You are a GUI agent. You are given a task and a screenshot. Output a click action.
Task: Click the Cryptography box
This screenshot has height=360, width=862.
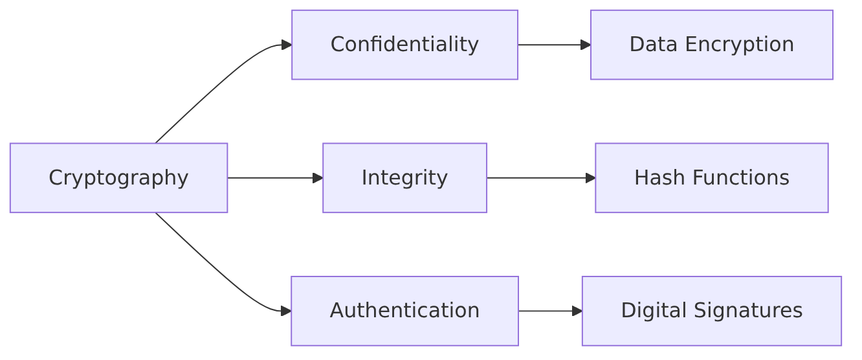pos(118,178)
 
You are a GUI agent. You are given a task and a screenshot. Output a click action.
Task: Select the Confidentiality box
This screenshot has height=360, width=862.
pos(405,45)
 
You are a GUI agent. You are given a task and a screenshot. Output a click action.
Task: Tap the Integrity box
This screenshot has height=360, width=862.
pos(405,178)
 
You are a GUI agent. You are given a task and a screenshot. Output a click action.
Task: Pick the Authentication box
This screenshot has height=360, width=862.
pos(405,311)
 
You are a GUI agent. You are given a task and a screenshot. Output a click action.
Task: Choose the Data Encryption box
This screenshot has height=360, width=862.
pos(712,45)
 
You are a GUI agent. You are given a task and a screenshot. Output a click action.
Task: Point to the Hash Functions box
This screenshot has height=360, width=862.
pos(712,178)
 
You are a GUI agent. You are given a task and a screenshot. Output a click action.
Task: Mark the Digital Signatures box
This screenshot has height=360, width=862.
pos(712,311)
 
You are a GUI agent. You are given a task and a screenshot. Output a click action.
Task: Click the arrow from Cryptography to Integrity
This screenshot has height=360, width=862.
pos(275,178)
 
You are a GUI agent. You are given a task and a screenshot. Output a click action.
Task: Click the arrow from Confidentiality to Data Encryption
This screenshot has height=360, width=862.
pos(555,45)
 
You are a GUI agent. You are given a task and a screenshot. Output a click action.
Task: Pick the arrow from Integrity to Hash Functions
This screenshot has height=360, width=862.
pos(541,178)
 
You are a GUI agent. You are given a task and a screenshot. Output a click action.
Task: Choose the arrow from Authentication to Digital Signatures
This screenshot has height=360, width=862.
pos(550,311)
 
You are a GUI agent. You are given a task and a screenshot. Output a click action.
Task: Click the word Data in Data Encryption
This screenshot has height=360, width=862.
pos(654,44)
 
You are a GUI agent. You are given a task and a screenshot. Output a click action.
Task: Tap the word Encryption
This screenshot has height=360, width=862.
pos(739,45)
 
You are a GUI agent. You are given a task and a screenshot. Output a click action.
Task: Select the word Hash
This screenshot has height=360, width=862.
pos(659,177)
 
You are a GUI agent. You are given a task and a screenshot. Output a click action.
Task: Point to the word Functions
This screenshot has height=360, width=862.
pos(741,177)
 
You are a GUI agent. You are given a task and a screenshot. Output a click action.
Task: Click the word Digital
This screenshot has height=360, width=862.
pos(654,311)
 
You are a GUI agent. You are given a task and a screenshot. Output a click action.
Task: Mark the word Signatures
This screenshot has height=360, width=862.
pos(748,311)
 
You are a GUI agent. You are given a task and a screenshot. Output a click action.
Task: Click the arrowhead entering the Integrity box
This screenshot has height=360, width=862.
pos(318,178)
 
